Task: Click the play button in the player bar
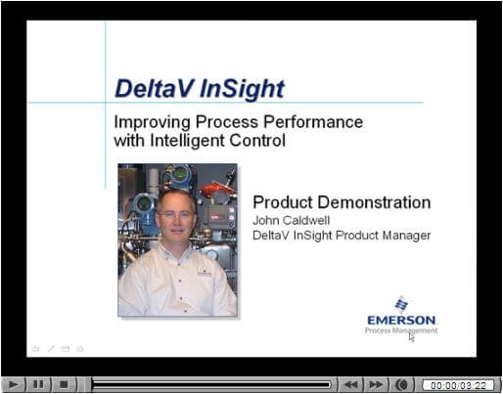[13, 384]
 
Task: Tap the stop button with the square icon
[64, 384]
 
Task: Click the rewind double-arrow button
[350, 384]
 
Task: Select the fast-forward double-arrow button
[376, 384]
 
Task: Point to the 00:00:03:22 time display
[458, 385]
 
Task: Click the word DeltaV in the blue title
[155, 88]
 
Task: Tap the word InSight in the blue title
[242, 89]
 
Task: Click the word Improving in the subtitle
[152, 123]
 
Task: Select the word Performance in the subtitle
[313, 122]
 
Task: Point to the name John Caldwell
[292, 220]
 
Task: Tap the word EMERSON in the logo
[401, 321]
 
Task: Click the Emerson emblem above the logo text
[401, 304]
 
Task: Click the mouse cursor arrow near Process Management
[412, 337]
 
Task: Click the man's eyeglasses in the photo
[175, 215]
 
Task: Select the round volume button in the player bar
[403, 385]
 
